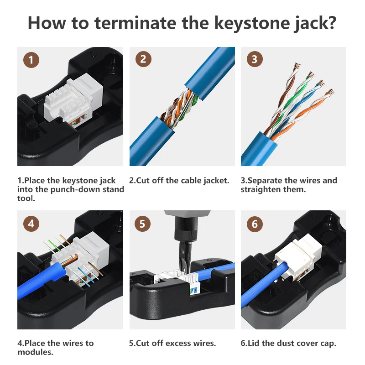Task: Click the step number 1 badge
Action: point(31,60)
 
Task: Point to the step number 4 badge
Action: point(31,224)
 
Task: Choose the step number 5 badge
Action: point(143,224)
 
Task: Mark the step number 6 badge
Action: point(255,224)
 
